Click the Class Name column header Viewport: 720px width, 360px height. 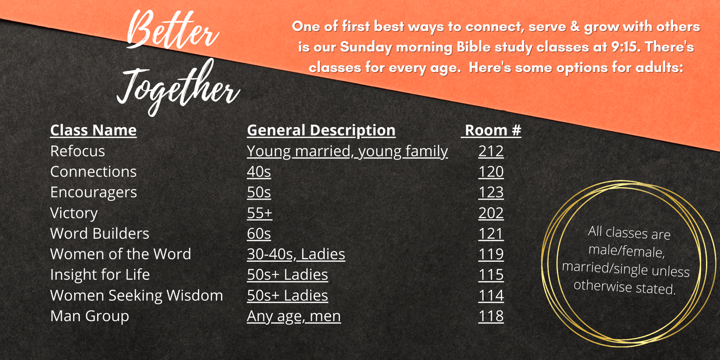(x=93, y=130)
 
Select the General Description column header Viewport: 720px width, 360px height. (x=321, y=131)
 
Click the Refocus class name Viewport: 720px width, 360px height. (x=78, y=151)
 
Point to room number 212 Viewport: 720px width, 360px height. (x=491, y=151)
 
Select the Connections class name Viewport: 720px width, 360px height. (x=93, y=172)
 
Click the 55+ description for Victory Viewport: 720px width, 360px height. (x=259, y=213)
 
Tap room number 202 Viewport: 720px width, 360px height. (x=491, y=213)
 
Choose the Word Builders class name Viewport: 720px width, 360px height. (x=100, y=233)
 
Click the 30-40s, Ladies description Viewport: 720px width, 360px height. (x=296, y=254)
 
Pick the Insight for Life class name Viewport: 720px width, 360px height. (x=100, y=275)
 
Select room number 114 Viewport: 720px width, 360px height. (x=491, y=295)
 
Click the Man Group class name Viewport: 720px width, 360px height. (x=89, y=316)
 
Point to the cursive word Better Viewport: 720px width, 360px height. (x=173, y=30)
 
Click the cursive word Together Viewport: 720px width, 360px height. (x=178, y=87)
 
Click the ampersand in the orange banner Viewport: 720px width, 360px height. (x=574, y=27)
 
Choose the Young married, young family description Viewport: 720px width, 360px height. (x=347, y=152)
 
